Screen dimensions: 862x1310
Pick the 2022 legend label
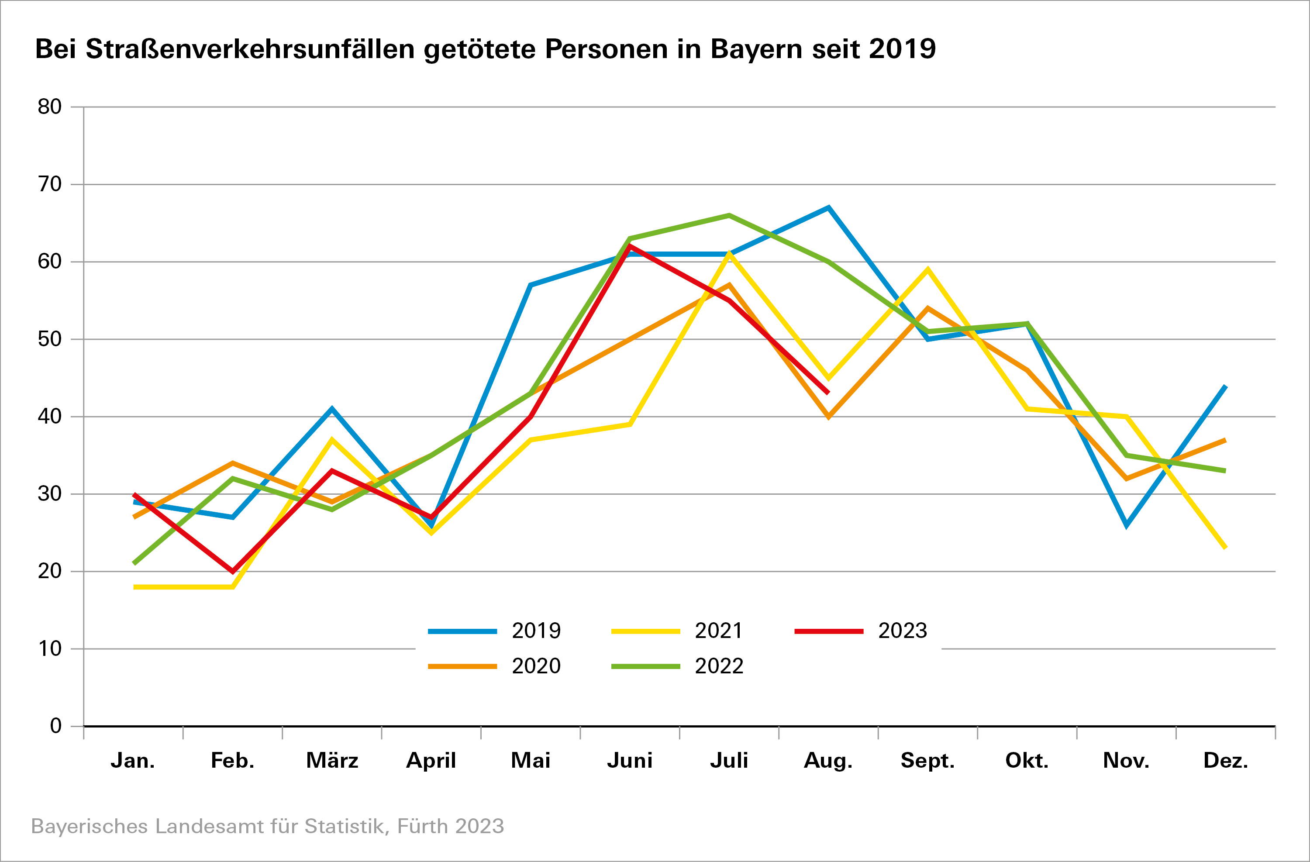pos(718,666)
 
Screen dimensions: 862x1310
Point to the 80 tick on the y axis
pos(49,107)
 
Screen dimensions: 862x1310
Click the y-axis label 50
pos(49,339)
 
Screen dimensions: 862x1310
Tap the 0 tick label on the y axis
pos(55,726)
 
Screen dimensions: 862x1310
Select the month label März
pos(332,761)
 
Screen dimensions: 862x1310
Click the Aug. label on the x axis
pos(828,761)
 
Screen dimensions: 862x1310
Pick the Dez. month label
pos(1225,761)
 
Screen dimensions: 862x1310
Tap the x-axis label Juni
pos(630,761)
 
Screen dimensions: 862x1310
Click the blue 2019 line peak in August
pos(828,208)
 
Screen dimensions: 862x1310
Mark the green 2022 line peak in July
pos(729,215)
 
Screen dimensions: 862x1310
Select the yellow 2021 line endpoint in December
pos(1225,547)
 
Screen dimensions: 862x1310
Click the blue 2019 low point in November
pos(1127,526)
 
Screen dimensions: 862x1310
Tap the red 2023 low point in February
pos(233,571)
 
